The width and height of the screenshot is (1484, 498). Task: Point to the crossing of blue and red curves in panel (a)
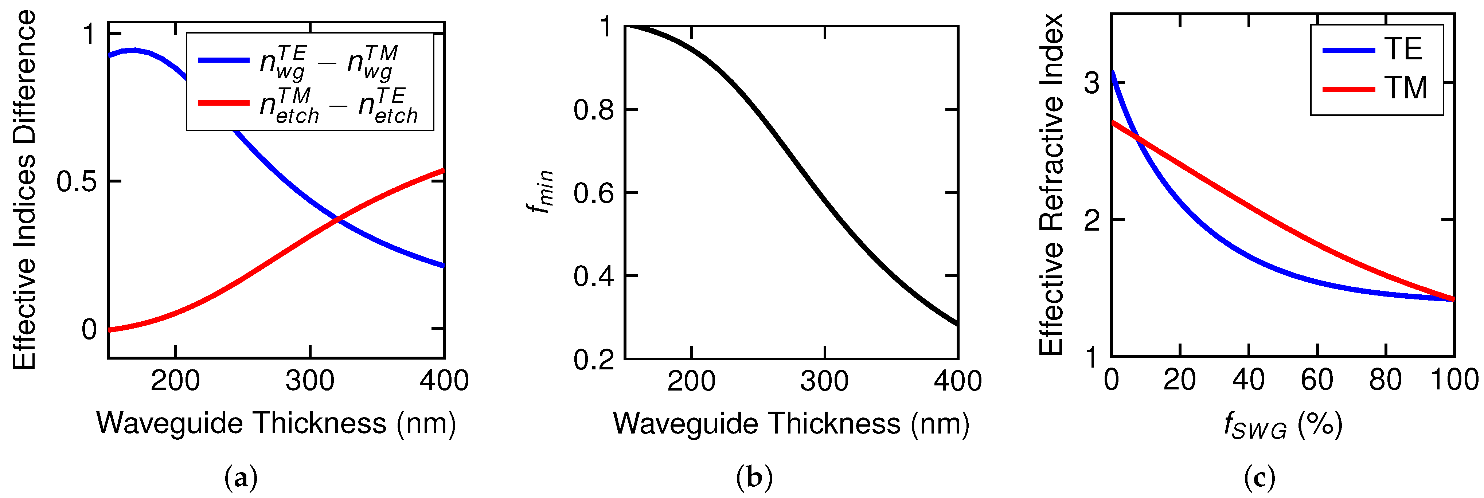pyautogui.click(x=337, y=219)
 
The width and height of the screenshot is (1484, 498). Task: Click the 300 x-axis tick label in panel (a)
pyautogui.click(x=310, y=381)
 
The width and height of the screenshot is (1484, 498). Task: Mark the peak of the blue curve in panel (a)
pyautogui.click(x=134, y=50)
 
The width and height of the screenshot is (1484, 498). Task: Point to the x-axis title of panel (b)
pyautogui.click(x=791, y=424)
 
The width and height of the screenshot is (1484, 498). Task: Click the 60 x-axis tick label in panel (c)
pyautogui.click(x=1317, y=380)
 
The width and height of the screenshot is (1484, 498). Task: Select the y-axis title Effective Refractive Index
pyautogui.click(x=1051, y=184)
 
